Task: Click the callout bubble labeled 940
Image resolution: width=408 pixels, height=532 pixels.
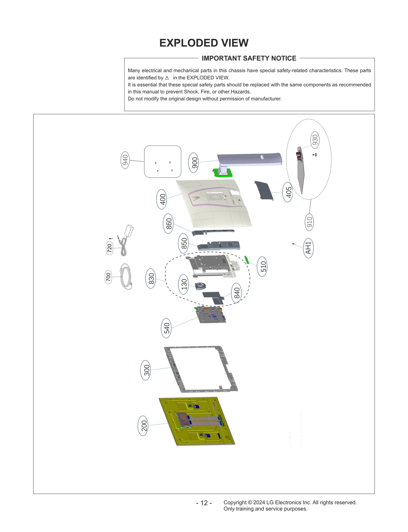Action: (x=125, y=160)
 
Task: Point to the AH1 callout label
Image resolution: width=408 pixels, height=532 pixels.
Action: (x=308, y=248)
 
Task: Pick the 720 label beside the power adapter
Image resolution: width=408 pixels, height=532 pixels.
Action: (x=109, y=248)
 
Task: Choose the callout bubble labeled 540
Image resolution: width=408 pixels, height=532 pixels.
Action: (x=167, y=328)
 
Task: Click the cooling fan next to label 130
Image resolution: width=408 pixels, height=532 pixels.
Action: (x=200, y=286)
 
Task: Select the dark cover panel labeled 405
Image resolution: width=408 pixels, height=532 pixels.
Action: (x=264, y=190)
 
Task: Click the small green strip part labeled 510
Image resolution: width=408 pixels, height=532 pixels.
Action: (x=247, y=260)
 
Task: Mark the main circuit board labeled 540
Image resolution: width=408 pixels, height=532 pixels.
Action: (x=210, y=315)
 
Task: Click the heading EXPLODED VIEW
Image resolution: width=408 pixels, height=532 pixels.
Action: (x=204, y=43)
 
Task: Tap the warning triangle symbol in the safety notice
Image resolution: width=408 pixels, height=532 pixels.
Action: (x=167, y=78)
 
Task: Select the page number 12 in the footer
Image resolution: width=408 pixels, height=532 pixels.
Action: (x=204, y=503)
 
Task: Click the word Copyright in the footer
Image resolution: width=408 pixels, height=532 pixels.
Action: (x=235, y=502)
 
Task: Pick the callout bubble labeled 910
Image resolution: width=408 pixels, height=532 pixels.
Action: (x=309, y=222)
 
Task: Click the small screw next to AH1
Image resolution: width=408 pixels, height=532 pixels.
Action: (x=294, y=244)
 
